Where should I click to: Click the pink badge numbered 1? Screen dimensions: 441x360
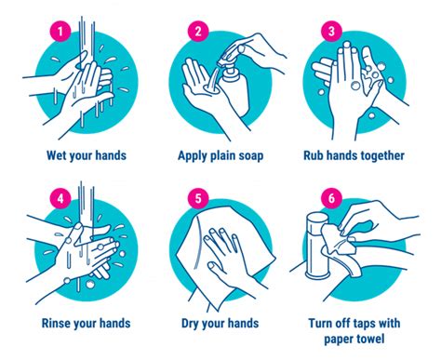[60, 31]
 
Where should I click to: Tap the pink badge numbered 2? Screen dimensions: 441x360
[198, 31]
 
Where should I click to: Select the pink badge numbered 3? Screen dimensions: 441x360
[331, 31]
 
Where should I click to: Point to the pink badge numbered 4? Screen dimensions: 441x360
[60, 198]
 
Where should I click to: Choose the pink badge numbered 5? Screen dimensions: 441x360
[198, 198]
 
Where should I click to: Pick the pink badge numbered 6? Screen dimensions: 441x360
[331, 198]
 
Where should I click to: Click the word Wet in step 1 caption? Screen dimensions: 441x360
[56, 155]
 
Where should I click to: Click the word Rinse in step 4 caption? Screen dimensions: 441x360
[55, 323]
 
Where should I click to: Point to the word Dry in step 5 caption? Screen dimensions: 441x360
[189, 324]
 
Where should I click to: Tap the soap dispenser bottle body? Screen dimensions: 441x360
[235, 91]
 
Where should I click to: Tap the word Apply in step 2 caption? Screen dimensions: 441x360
[193, 156]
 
